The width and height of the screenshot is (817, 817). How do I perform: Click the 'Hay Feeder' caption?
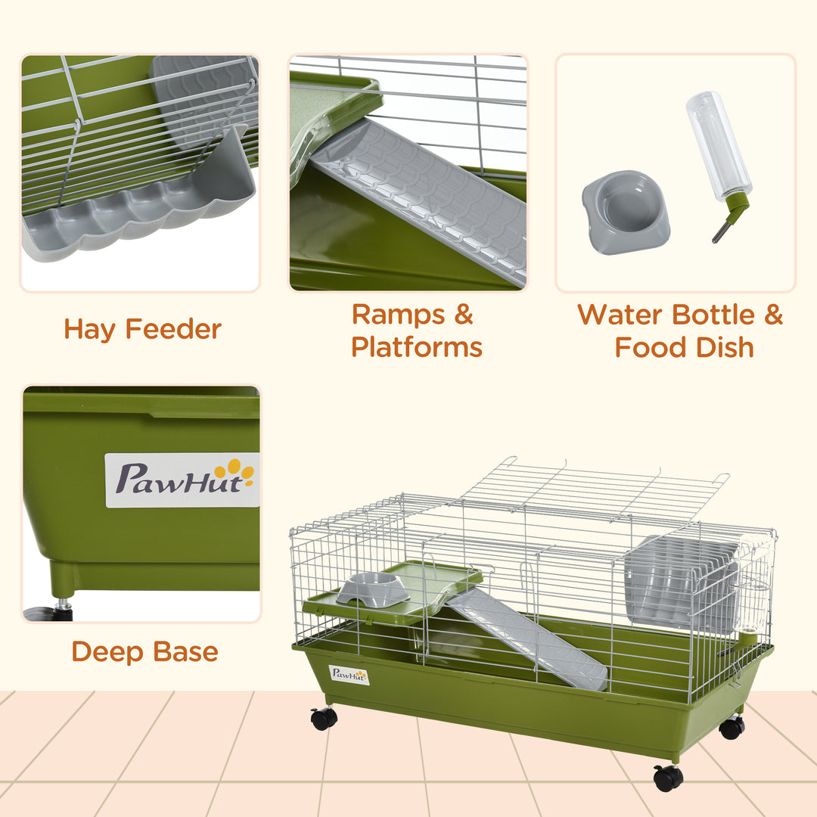[x=142, y=329]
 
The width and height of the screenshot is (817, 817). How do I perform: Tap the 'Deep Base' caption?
[x=144, y=651]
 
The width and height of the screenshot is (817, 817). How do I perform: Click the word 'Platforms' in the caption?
[x=417, y=347]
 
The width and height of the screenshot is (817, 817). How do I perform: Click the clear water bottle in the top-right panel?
[x=718, y=144]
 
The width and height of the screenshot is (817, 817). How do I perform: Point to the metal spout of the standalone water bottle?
[x=722, y=230]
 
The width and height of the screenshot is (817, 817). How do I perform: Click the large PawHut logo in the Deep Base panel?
[x=182, y=480]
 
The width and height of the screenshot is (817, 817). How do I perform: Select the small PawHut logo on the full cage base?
[x=349, y=675]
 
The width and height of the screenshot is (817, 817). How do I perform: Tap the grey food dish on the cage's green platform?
[x=373, y=589]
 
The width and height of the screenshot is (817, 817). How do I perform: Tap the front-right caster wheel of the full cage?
[x=668, y=778]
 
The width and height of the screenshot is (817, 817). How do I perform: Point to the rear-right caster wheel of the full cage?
[x=732, y=728]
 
